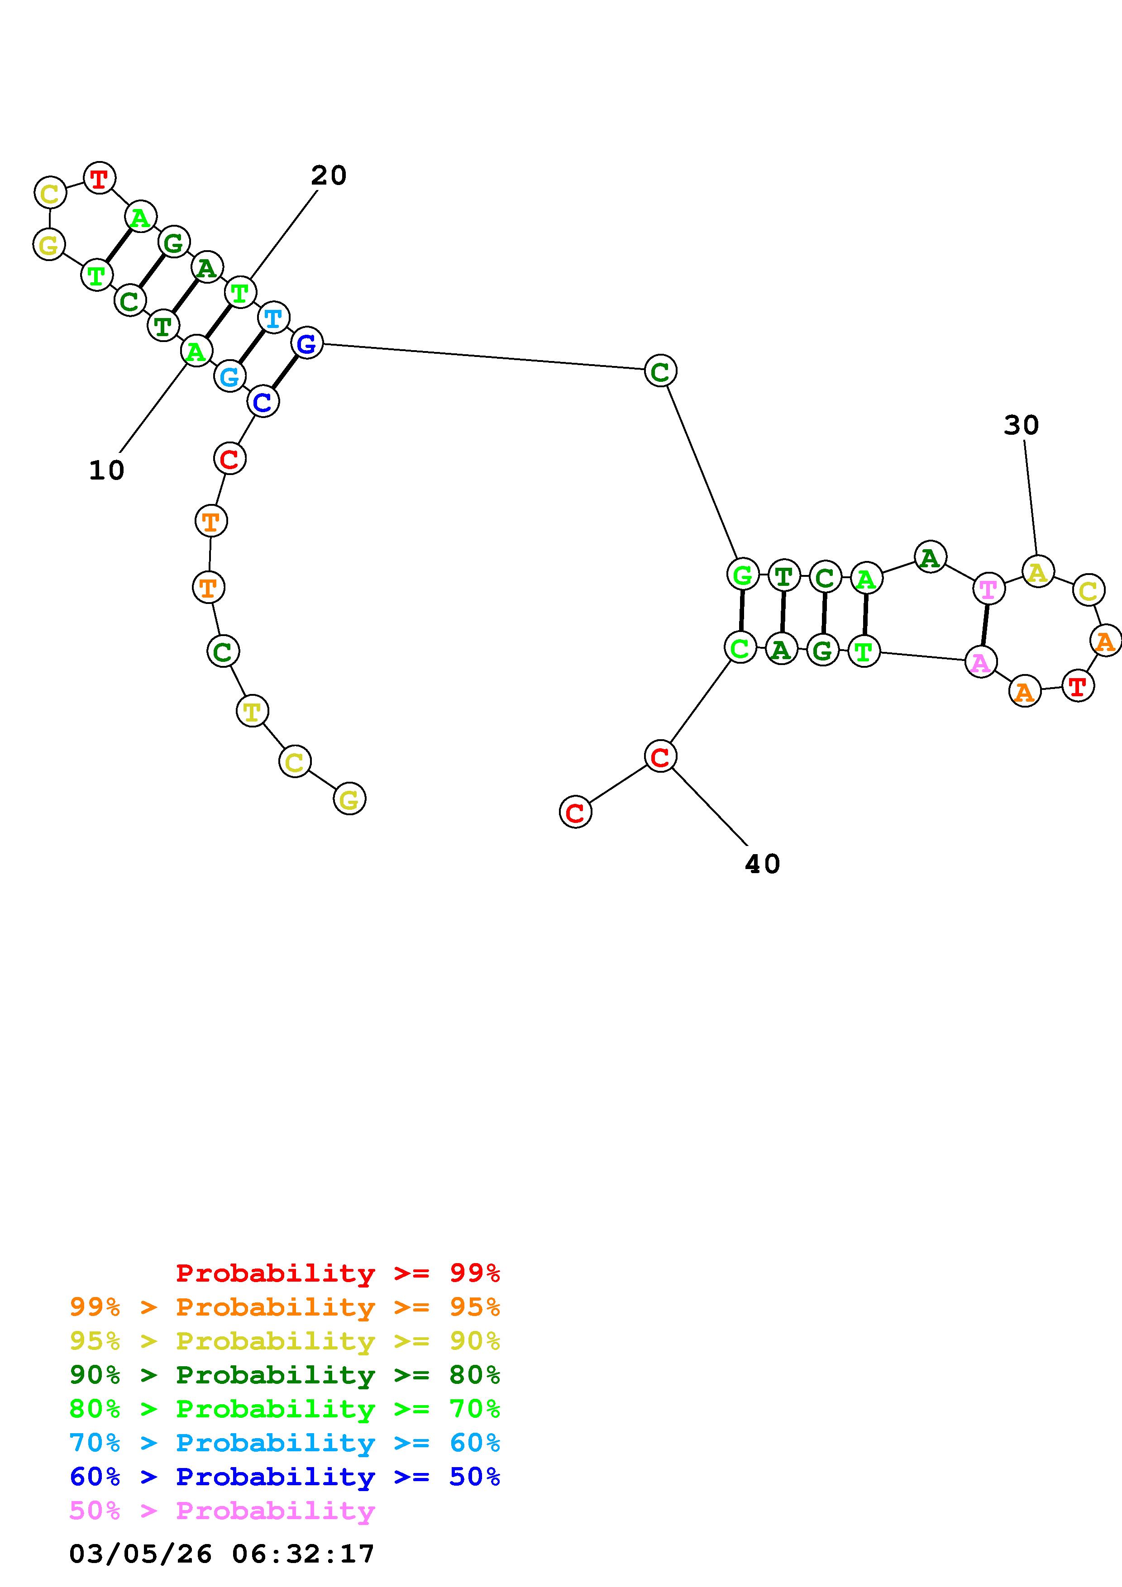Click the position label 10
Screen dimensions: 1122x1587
point(106,470)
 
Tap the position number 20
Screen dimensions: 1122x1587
point(329,176)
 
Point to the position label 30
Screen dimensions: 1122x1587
point(1021,425)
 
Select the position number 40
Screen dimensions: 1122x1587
point(763,864)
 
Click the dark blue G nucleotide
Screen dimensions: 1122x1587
point(306,343)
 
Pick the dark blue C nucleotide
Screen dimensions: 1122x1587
point(263,402)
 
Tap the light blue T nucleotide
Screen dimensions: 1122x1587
point(274,318)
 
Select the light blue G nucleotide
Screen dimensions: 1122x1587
point(229,377)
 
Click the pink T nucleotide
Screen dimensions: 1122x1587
point(988,589)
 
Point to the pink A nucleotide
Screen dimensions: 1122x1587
point(980,662)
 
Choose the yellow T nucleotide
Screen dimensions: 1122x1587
point(252,711)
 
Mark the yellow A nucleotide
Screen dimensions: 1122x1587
point(1037,572)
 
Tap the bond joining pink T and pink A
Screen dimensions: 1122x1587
point(984,626)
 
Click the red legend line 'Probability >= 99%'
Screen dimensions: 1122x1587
point(338,1273)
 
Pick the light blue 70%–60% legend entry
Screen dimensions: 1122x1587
point(285,1443)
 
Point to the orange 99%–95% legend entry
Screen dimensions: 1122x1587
point(285,1307)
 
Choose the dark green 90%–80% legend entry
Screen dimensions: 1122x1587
point(285,1375)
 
